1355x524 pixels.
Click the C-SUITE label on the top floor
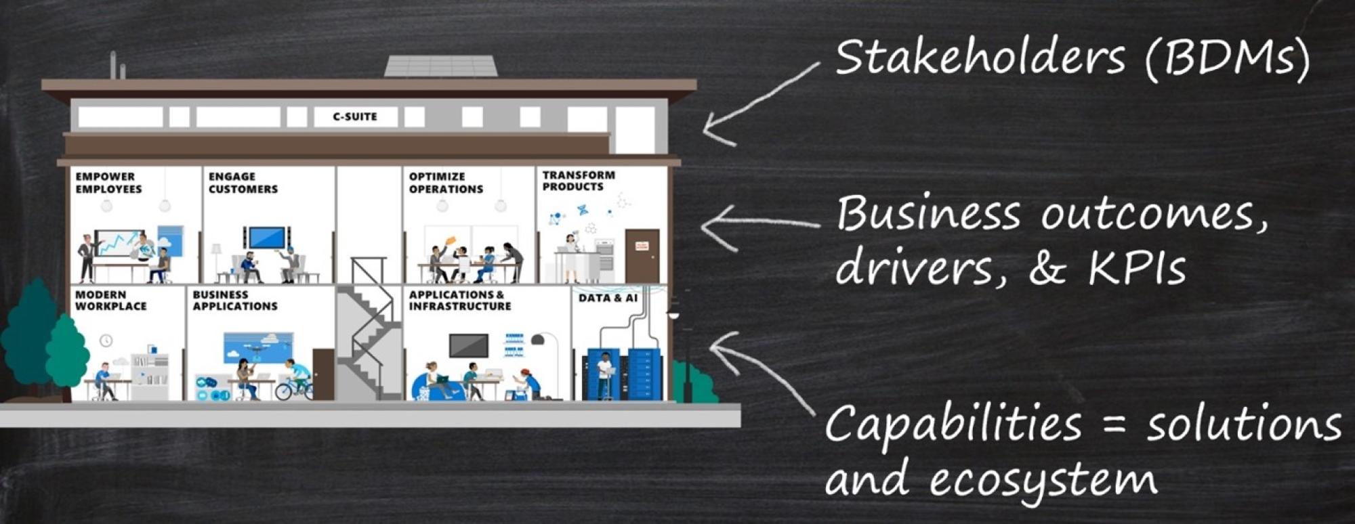click(x=354, y=116)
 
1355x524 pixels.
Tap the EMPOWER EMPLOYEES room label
click(x=108, y=183)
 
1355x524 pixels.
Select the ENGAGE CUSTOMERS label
click(x=243, y=183)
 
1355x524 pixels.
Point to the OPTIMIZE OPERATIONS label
click(x=446, y=183)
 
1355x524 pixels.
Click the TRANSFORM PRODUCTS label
click(x=579, y=181)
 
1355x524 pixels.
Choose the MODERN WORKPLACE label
click(x=110, y=301)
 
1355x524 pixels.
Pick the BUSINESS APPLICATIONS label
click(x=235, y=301)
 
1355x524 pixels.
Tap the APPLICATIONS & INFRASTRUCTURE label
click(x=460, y=301)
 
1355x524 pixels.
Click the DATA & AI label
click(x=608, y=298)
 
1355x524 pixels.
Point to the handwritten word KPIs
click(x=1138, y=268)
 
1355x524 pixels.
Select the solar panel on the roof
click(x=441, y=66)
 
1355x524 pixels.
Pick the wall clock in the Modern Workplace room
click(x=106, y=340)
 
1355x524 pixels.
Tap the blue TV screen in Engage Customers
click(x=267, y=238)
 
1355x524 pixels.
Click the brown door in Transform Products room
click(x=642, y=256)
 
